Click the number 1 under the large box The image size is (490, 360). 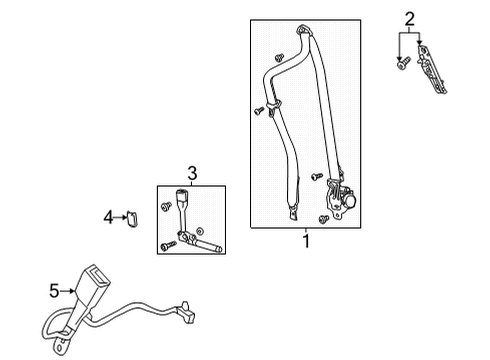click(x=307, y=240)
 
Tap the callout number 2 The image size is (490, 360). click(x=408, y=17)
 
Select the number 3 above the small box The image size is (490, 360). click(x=192, y=174)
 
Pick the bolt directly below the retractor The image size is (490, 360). click(x=323, y=218)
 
